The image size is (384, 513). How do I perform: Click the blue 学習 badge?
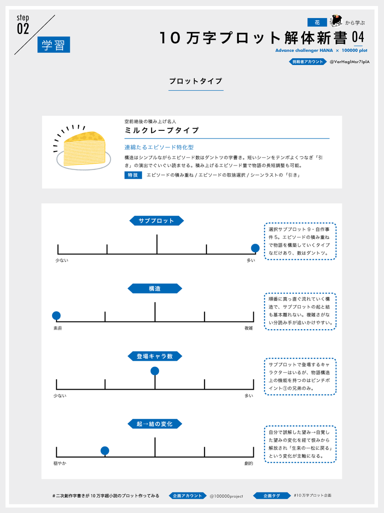(54, 44)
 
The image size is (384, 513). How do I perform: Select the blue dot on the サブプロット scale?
(255, 248)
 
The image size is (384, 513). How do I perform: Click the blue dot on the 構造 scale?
(56, 315)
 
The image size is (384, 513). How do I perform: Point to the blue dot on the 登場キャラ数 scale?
(155, 371)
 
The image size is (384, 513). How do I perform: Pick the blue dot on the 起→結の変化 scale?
(105, 451)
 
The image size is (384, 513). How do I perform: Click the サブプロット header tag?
(157, 221)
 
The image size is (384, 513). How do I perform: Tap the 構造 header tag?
(154, 289)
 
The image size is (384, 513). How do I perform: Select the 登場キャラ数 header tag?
(154, 356)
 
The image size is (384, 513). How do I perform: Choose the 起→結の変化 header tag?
(154, 424)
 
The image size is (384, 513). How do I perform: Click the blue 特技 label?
(133, 175)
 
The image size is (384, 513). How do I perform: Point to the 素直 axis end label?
(58, 328)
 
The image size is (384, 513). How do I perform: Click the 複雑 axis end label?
(249, 328)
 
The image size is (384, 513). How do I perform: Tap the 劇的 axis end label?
(249, 463)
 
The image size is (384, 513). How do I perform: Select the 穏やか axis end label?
(60, 463)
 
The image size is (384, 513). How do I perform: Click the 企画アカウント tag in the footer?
(187, 496)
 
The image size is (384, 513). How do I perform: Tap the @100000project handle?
(226, 496)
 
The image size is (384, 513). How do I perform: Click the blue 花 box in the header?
(317, 22)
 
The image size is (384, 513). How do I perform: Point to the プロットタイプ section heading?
(195, 81)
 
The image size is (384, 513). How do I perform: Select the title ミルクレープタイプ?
(162, 130)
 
